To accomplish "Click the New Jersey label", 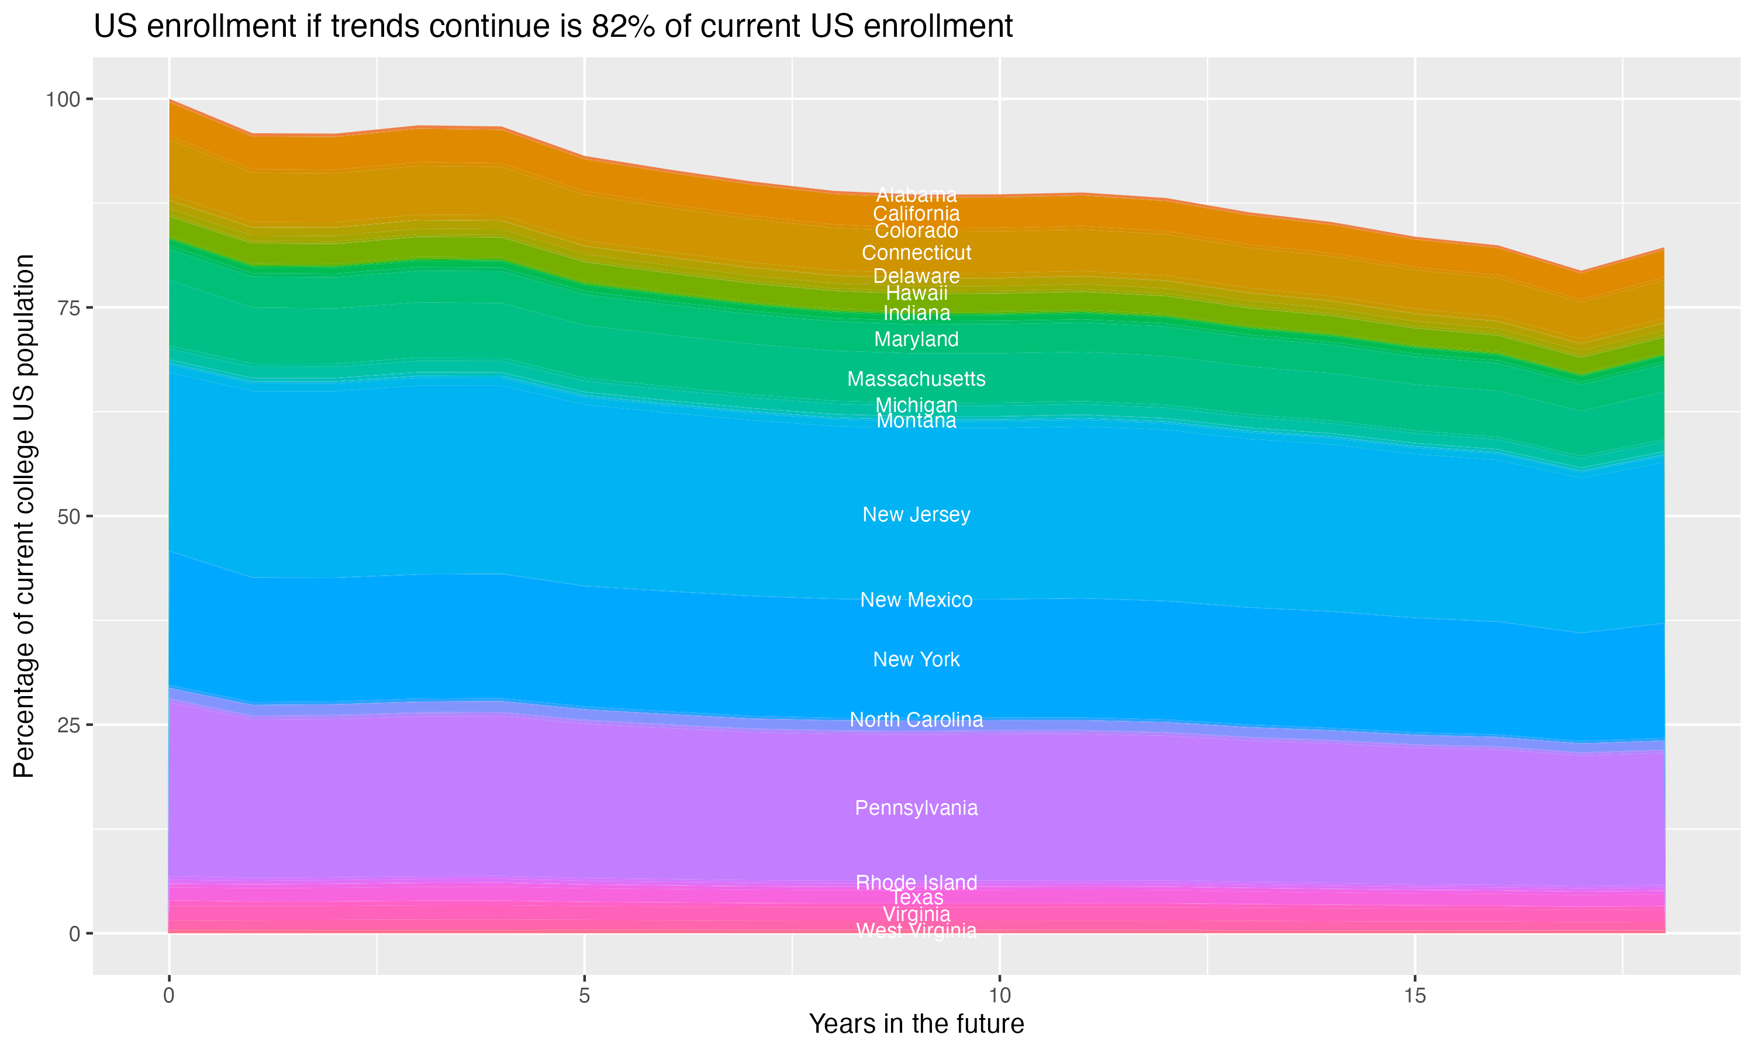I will coord(916,515).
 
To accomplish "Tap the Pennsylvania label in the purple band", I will coord(916,808).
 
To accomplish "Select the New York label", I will coord(916,659).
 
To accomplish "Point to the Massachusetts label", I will coord(916,379).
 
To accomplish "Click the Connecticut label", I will coord(916,253).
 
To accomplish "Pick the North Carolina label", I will coord(916,719).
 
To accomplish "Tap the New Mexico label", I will coord(916,600).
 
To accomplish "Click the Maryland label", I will coord(916,340).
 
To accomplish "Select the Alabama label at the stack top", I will coord(916,195).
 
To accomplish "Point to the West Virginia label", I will coord(916,930).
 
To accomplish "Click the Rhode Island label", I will coord(916,883).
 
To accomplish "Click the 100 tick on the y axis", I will coord(63,99).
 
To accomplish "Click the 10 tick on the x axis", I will coord(999,996).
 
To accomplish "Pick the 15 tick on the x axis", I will coord(1414,996).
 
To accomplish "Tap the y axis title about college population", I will coord(24,516).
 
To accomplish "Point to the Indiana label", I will coord(916,313).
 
